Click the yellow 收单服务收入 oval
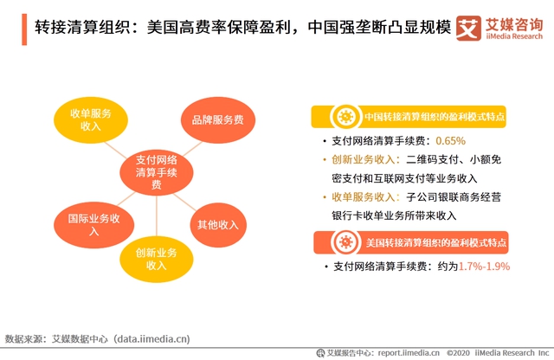(x=91, y=120)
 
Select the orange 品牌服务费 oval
(x=218, y=120)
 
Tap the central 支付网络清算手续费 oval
(x=157, y=172)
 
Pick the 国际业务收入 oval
(x=94, y=225)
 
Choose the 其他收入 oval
(x=218, y=225)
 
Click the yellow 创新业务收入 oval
(x=157, y=259)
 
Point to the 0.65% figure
(x=450, y=141)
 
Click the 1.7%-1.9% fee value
(x=484, y=267)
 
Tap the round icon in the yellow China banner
(x=345, y=117)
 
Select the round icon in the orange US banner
(x=346, y=242)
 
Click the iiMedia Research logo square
(x=468, y=28)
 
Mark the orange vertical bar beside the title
(x=24, y=29)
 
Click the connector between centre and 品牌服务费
(x=192, y=149)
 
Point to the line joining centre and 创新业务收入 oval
(x=157, y=215)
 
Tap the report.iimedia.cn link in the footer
(x=409, y=352)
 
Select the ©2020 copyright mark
(x=458, y=352)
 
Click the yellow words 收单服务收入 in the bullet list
(x=364, y=197)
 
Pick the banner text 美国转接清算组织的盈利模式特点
(x=436, y=242)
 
